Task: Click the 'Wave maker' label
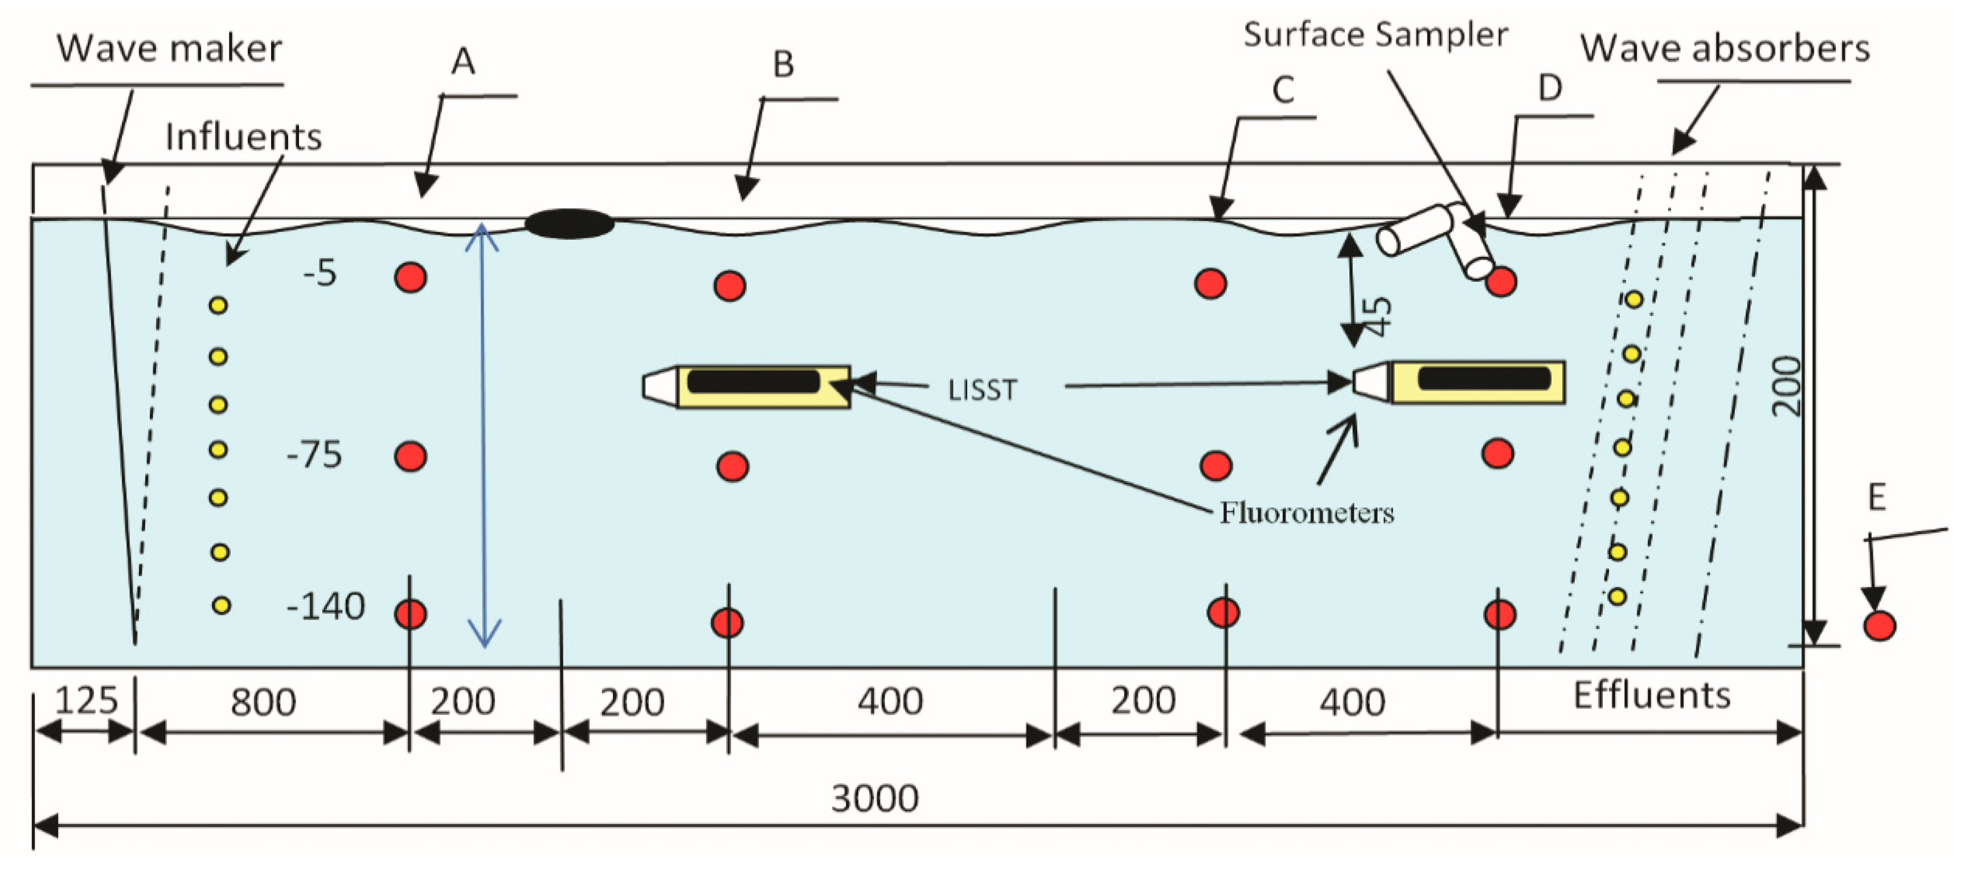click(169, 49)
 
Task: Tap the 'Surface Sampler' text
click(1375, 35)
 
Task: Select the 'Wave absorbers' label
click(1724, 49)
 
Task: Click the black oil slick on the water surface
click(570, 224)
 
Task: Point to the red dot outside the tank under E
click(1879, 626)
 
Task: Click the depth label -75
click(314, 454)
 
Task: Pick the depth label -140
click(325, 606)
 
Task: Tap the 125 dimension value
click(86, 700)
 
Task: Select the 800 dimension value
click(263, 702)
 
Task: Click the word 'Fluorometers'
click(1307, 512)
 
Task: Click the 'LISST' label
click(982, 389)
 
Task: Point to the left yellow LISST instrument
click(750, 387)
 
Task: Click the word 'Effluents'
click(1651, 695)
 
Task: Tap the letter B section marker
click(783, 65)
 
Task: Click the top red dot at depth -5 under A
click(410, 278)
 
